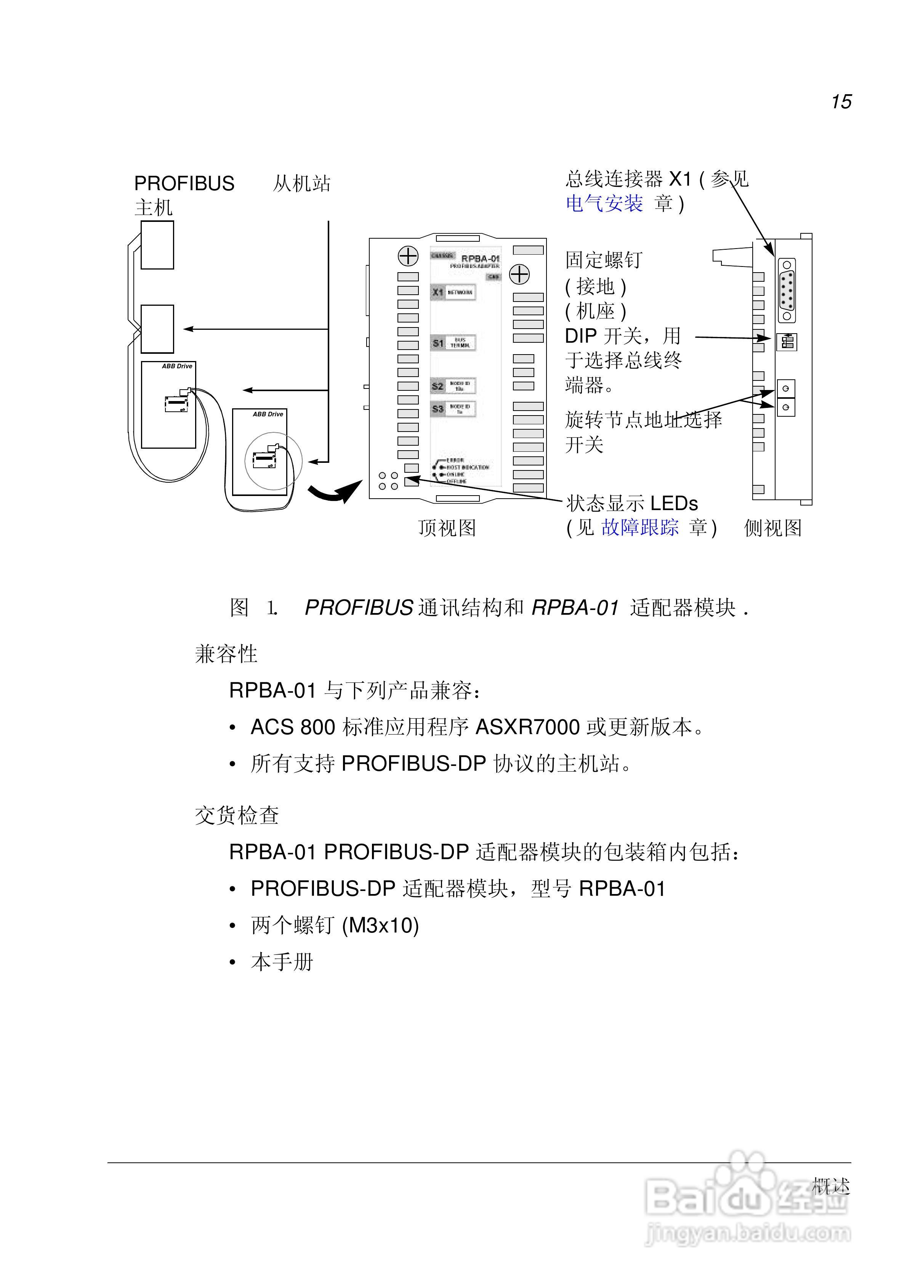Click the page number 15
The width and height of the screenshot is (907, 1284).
(840, 102)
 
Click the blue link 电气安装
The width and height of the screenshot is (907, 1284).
(604, 204)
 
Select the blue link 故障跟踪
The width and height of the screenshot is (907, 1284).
(640, 527)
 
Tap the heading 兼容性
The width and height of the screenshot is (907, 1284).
(226, 654)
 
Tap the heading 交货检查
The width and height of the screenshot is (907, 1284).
(237, 815)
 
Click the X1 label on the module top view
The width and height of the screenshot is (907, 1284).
(437, 292)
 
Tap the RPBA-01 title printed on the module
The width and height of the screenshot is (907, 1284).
(480, 259)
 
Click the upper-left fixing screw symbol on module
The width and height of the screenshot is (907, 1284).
(408, 256)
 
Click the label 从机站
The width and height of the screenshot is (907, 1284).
(301, 183)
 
